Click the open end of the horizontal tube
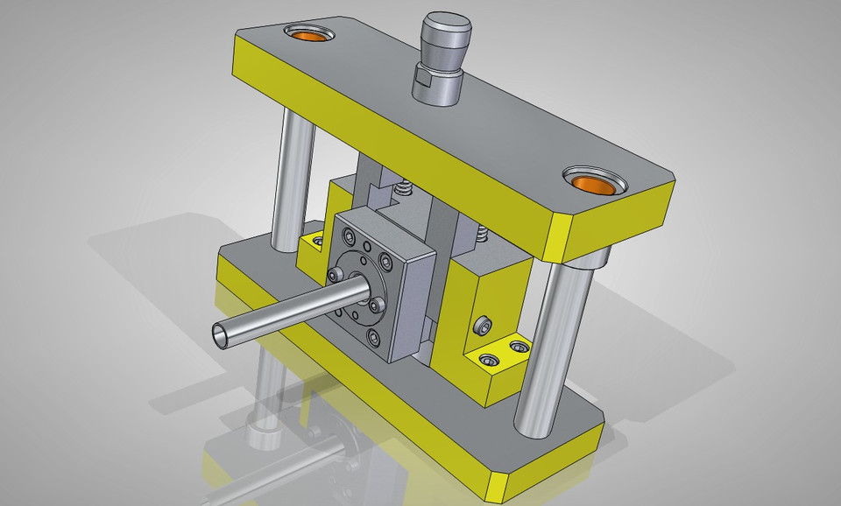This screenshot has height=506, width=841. [223, 334]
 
